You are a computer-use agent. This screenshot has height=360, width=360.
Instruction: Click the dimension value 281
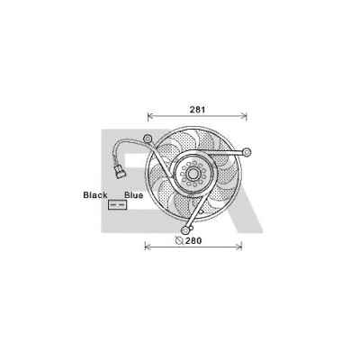197,110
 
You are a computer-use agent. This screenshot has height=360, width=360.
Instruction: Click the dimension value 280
193,240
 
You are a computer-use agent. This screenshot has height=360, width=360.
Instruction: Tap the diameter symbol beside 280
179,240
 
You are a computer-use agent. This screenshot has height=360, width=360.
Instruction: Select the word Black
95,195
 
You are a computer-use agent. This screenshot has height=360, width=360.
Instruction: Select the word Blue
134,195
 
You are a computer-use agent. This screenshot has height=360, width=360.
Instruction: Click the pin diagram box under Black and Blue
118,204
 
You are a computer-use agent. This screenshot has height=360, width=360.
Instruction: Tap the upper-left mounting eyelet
148,139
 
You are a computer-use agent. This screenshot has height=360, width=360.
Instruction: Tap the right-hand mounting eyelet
247,152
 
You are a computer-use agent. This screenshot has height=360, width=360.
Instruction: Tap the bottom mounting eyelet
186,230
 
